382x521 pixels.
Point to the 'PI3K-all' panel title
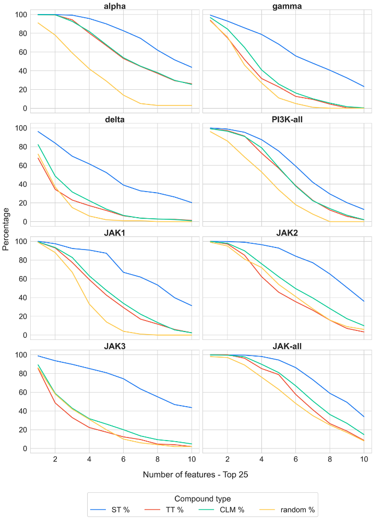286,119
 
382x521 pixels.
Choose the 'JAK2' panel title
286,232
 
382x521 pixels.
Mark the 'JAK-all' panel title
286,346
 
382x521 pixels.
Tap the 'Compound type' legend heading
202,499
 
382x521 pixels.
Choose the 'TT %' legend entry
175,510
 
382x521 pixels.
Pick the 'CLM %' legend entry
232,510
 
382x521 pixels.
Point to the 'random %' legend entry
296,510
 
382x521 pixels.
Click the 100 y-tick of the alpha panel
20,15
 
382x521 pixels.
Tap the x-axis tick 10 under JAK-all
364,459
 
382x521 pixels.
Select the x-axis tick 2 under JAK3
55,459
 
